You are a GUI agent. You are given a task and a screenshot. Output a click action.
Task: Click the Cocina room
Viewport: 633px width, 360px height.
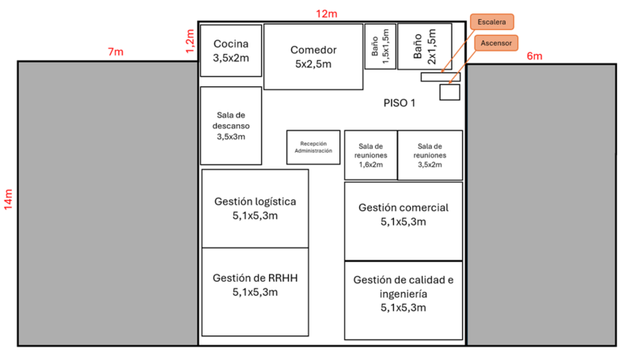[230, 51]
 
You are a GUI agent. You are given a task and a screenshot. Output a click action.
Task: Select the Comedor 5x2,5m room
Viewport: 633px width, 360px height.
[313, 56]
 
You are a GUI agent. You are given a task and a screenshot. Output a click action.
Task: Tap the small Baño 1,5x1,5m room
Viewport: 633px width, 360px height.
[380, 47]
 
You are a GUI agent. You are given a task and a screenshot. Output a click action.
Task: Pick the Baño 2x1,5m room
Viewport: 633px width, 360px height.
[424, 47]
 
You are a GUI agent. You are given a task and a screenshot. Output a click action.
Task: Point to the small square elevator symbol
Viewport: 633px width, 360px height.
[449, 92]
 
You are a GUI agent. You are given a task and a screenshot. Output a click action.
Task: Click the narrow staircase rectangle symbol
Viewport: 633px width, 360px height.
[440, 77]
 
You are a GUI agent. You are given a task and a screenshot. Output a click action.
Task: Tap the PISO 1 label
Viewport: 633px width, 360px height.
[399, 102]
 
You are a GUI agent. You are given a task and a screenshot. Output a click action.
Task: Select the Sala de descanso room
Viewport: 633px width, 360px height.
[230, 125]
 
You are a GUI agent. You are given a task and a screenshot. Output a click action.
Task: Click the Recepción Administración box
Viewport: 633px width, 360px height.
[313, 147]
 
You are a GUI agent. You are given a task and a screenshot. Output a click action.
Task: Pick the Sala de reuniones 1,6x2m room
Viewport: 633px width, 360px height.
[370, 155]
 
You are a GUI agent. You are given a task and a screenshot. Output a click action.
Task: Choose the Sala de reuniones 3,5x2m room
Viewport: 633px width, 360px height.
[430, 155]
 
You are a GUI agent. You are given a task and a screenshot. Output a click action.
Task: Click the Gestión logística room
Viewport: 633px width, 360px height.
[256, 208]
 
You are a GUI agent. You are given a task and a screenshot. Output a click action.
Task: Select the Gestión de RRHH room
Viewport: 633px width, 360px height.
[256, 286]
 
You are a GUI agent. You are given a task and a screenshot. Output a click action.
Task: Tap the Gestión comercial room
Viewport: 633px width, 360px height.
[403, 214]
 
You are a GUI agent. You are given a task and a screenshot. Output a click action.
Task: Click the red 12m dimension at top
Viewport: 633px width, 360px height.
[326, 13]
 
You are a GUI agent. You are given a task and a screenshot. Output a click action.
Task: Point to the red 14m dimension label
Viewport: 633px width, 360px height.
[8, 199]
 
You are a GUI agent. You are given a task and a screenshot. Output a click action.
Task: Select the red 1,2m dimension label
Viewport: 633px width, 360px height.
[189, 40]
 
